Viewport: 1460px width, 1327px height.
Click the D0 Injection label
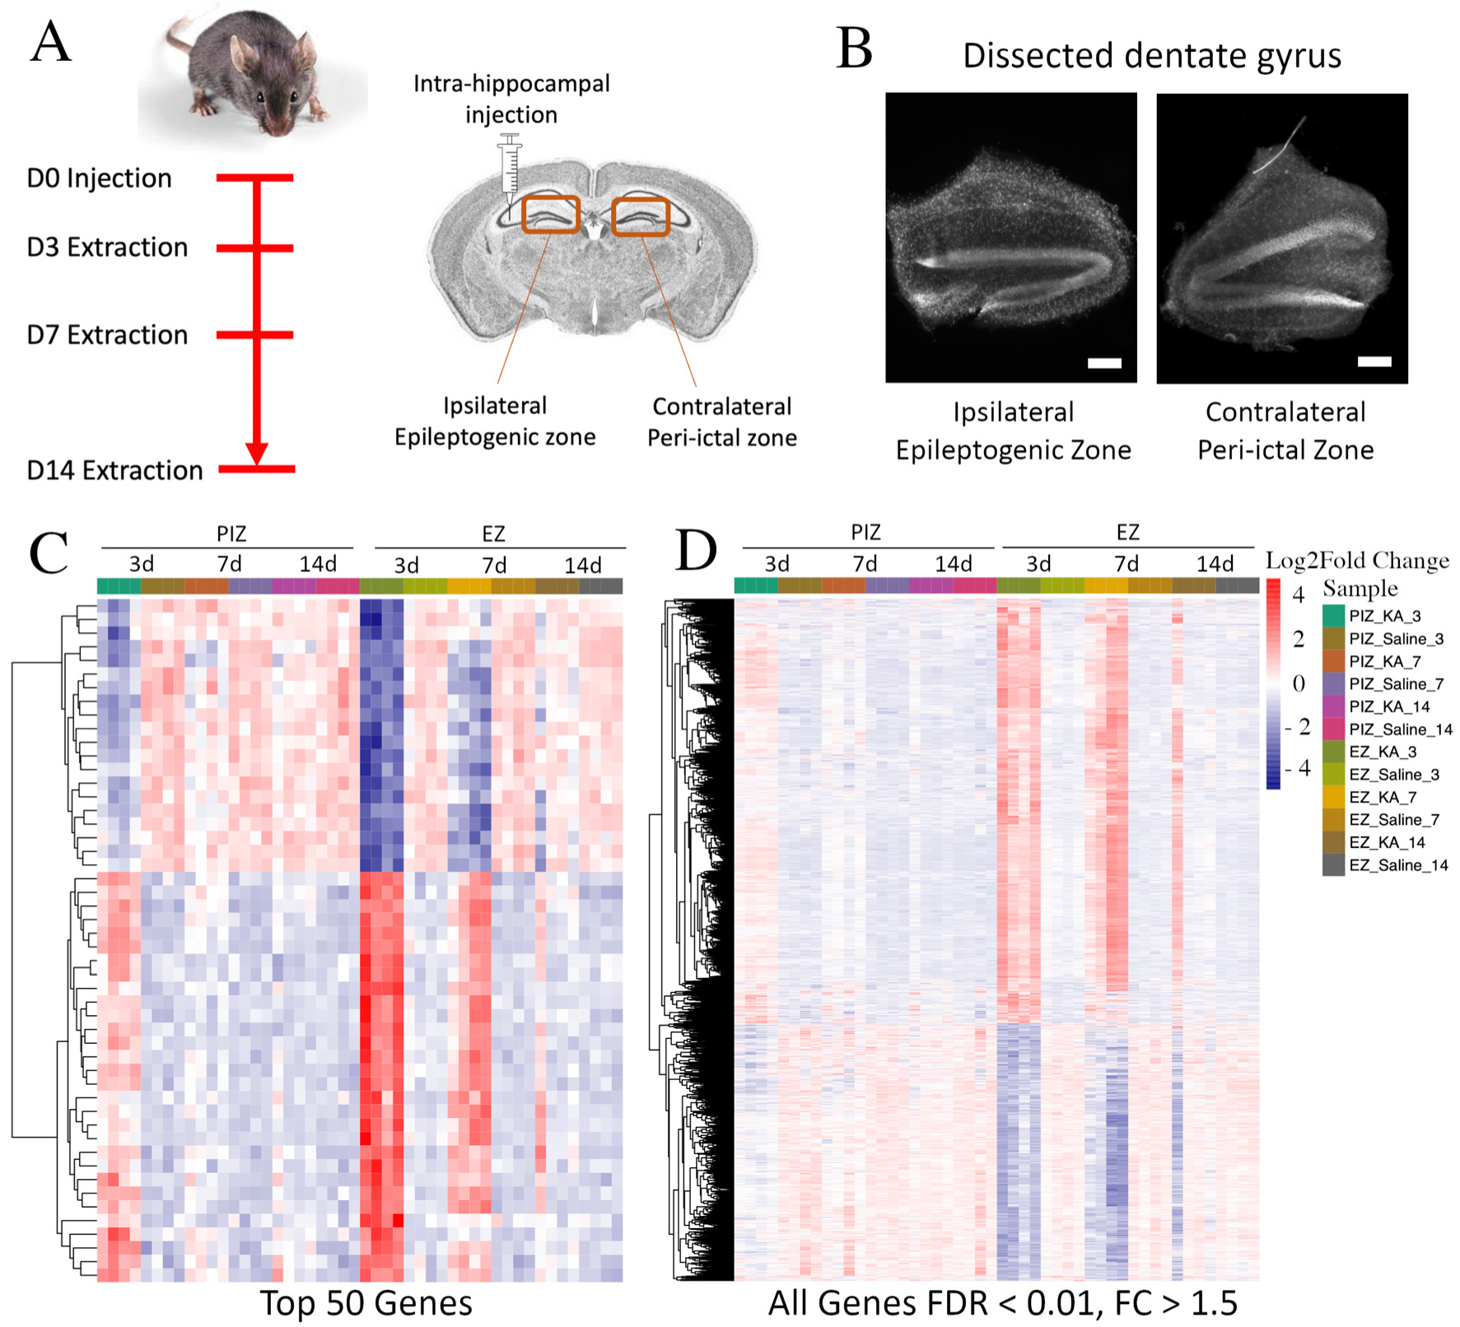click(99, 179)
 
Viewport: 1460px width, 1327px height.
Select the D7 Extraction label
click(107, 335)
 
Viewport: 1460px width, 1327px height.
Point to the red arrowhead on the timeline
click(257, 453)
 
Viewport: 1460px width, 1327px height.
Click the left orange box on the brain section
click(551, 215)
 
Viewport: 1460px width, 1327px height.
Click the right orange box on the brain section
click(640, 217)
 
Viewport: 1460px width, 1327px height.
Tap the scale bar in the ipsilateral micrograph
click(1104, 363)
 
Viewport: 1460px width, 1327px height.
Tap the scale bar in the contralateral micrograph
click(1374, 361)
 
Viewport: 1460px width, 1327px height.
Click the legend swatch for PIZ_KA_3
click(1333, 616)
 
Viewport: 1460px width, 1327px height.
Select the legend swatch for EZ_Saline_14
click(1333, 865)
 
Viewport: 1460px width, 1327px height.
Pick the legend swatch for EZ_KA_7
click(1333, 797)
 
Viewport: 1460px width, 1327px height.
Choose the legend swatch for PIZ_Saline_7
click(1333, 684)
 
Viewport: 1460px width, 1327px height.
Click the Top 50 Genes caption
click(366, 1303)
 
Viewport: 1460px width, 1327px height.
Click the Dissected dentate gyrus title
click(1151, 56)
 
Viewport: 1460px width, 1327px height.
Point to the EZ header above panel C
click(493, 534)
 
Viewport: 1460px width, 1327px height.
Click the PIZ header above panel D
click(865, 533)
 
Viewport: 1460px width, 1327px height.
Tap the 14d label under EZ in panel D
click(1215, 564)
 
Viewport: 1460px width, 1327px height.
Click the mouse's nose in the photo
click(275, 125)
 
